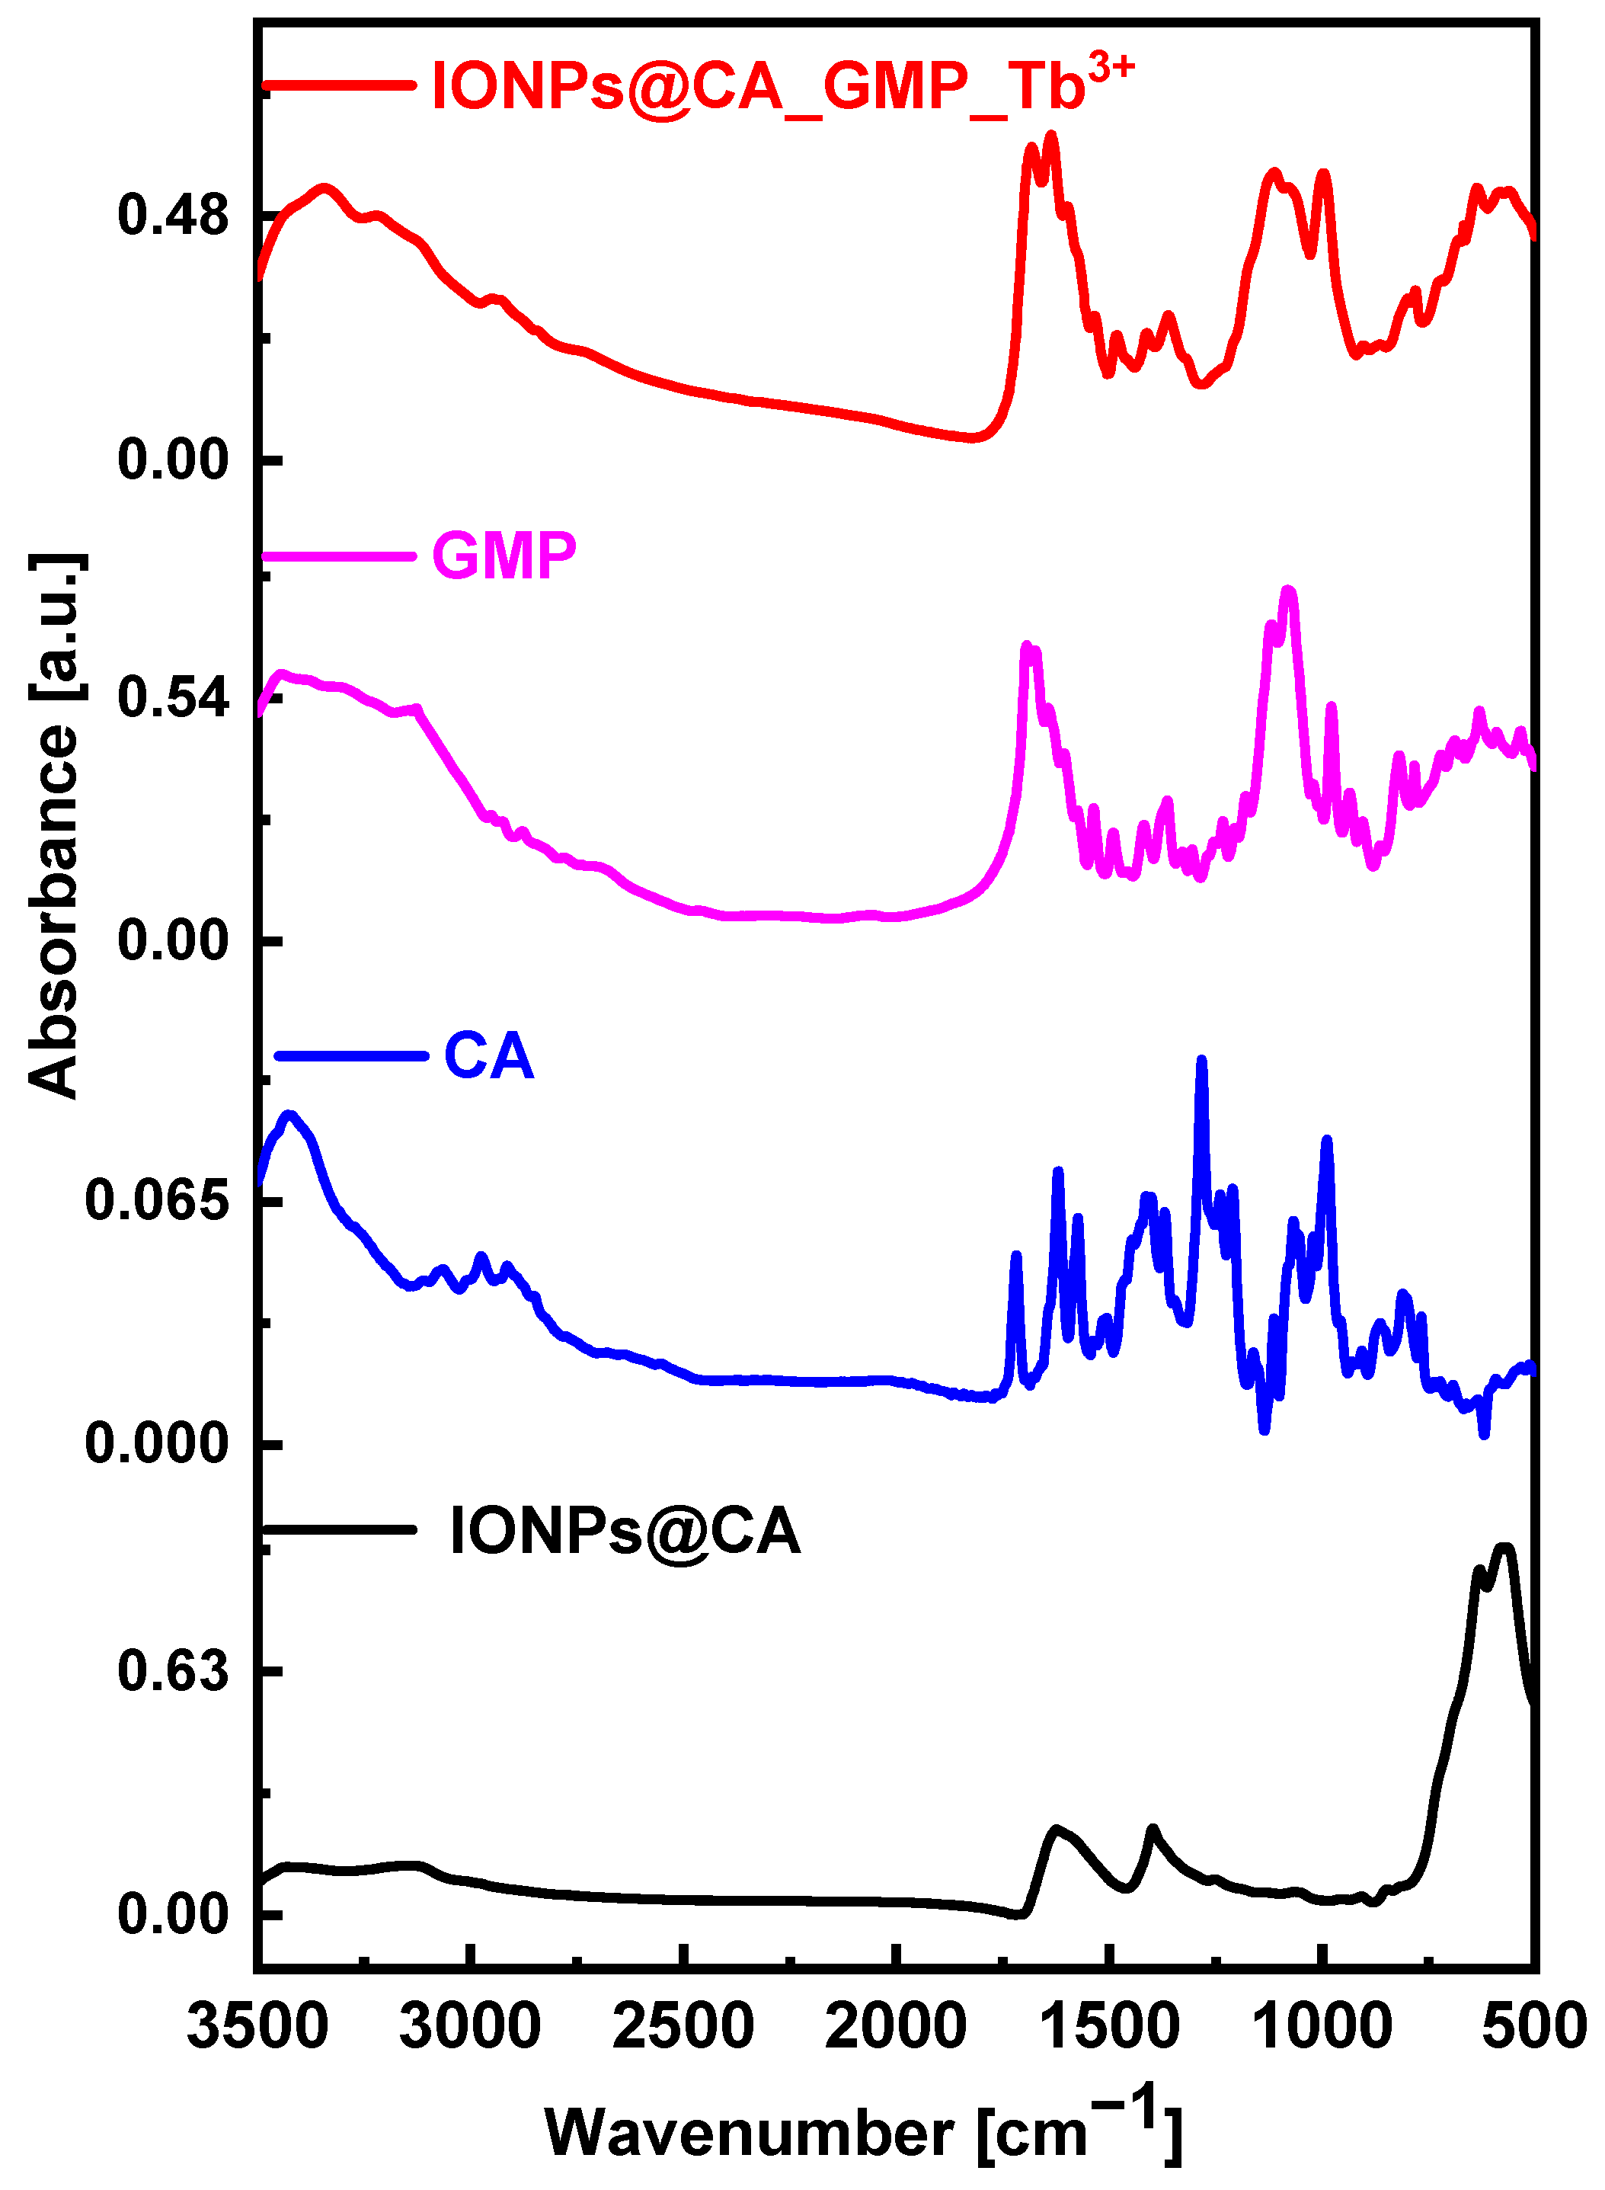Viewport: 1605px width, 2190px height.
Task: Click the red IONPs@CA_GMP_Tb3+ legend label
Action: point(758,85)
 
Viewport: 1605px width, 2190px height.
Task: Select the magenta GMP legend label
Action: point(504,557)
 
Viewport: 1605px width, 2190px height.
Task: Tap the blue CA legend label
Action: point(489,1056)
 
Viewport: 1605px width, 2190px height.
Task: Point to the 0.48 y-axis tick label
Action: point(173,215)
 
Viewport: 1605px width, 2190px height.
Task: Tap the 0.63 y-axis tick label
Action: point(173,1671)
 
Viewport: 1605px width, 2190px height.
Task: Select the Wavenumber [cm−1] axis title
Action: point(863,2130)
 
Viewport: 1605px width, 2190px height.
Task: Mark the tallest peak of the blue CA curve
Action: point(1202,1061)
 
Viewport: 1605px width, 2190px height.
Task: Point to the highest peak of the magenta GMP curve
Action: point(1288,590)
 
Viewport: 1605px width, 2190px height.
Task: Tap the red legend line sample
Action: point(340,85)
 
